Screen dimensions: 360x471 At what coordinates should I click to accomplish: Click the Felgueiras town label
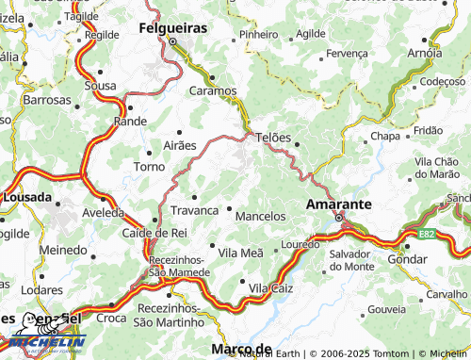tap(173, 27)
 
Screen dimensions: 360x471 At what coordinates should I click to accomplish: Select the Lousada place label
tap(27, 198)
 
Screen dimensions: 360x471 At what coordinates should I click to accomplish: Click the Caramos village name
tap(214, 91)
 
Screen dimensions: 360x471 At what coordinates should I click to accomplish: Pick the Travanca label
tap(195, 210)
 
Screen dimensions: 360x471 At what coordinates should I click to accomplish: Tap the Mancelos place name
tap(260, 216)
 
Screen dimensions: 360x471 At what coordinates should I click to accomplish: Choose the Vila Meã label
tap(241, 253)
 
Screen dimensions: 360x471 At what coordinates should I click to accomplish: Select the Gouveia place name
tap(387, 309)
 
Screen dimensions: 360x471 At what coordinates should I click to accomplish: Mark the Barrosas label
tap(47, 99)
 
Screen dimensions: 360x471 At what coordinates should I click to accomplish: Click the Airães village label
tap(180, 145)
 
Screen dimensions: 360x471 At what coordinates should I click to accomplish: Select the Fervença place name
tap(347, 54)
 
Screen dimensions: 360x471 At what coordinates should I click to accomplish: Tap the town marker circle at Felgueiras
tap(173, 41)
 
